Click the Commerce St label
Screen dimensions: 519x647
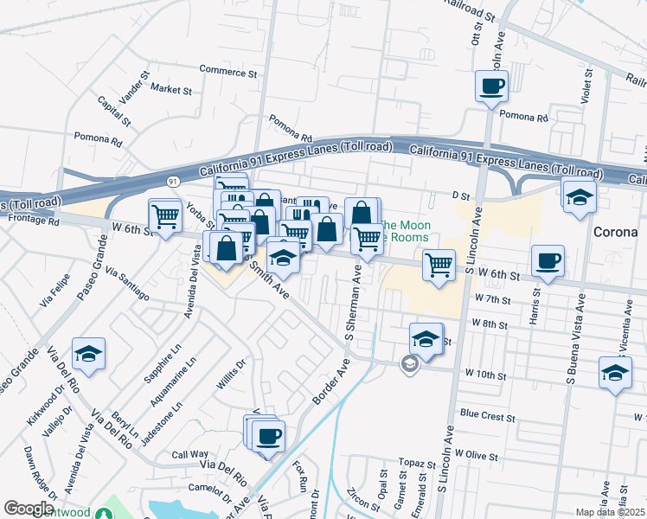[228, 72]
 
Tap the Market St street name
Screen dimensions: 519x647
[170, 88]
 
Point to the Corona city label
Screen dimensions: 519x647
[615, 233]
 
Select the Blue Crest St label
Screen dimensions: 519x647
[488, 416]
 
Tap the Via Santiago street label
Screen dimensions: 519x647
[127, 284]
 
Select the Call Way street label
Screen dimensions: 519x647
[189, 454]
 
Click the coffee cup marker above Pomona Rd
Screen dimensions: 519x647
[491, 86]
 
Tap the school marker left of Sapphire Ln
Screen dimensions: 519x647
[88, 353]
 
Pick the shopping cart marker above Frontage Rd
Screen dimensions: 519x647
[164, 215]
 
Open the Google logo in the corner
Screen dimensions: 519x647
[29, 509]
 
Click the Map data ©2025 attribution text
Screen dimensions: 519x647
[611, 512]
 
